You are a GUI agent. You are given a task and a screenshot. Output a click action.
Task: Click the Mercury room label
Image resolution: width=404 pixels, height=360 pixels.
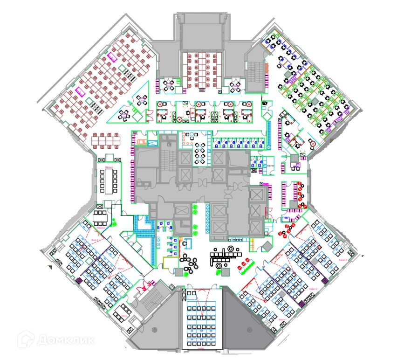(110, 167)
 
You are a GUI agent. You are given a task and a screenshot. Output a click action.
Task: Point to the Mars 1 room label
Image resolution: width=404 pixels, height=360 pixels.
(122, 269)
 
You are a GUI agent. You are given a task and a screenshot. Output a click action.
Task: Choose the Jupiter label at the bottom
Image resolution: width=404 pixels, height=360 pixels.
(202, 347)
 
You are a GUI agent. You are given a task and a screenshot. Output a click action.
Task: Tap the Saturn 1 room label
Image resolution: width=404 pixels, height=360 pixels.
(282, 319)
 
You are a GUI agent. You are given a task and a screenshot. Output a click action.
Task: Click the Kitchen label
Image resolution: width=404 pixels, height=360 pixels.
(270, 165)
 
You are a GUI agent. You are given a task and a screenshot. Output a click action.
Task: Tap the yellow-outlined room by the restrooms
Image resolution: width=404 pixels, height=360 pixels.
(171, 262)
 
